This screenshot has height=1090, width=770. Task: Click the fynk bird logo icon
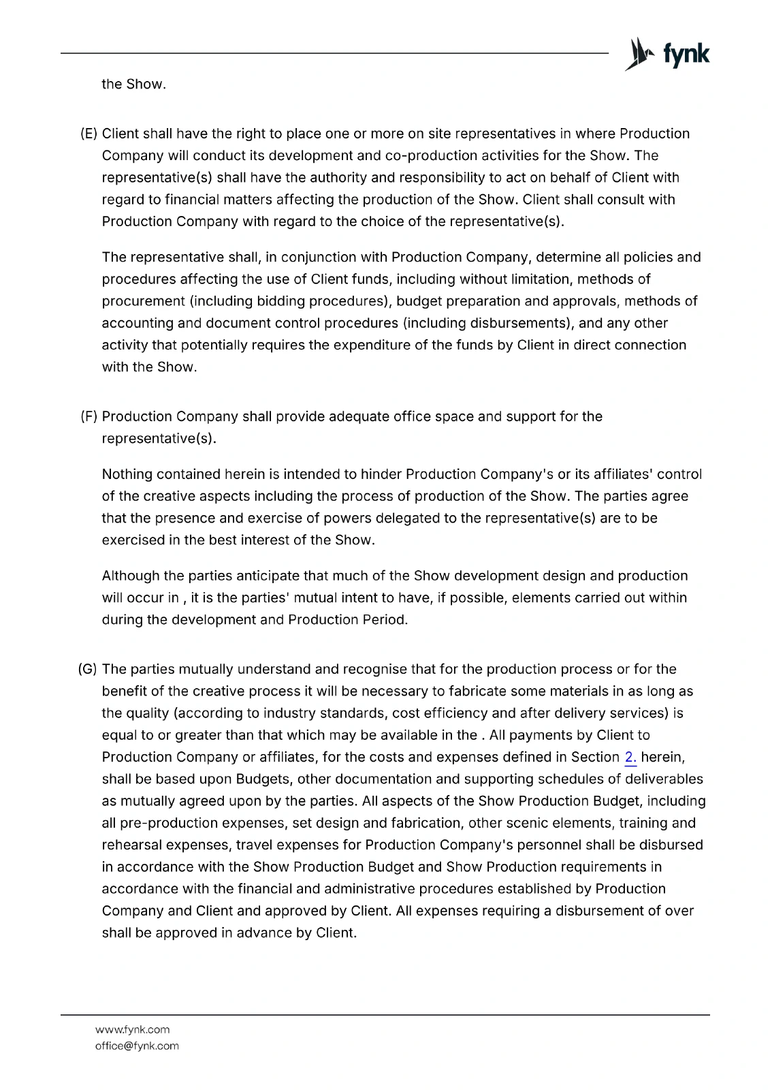click(639, 54)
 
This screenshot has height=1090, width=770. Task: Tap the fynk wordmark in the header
click(686, 54)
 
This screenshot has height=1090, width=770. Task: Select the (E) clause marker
click(89, 134)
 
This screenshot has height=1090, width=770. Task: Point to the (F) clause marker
click(89, 416)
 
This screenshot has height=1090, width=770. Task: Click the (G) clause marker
click(89, 669)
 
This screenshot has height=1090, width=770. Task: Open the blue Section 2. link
click(630, 757)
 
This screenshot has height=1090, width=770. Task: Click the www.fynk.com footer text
click(133, 1029)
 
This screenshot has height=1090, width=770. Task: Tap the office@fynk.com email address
click(137, 1046)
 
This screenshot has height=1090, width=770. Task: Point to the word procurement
click(143, 301)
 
